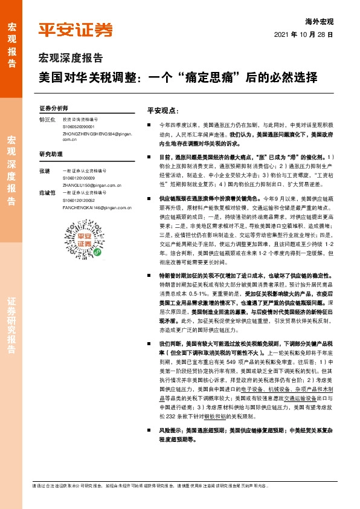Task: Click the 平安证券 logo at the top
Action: point(75,30)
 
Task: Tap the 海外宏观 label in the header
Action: point(321,21)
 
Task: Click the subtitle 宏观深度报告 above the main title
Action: point(71,58)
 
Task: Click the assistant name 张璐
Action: point(43,172)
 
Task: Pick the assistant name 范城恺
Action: point(46,193)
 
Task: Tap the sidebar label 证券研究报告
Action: point(11,326)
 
